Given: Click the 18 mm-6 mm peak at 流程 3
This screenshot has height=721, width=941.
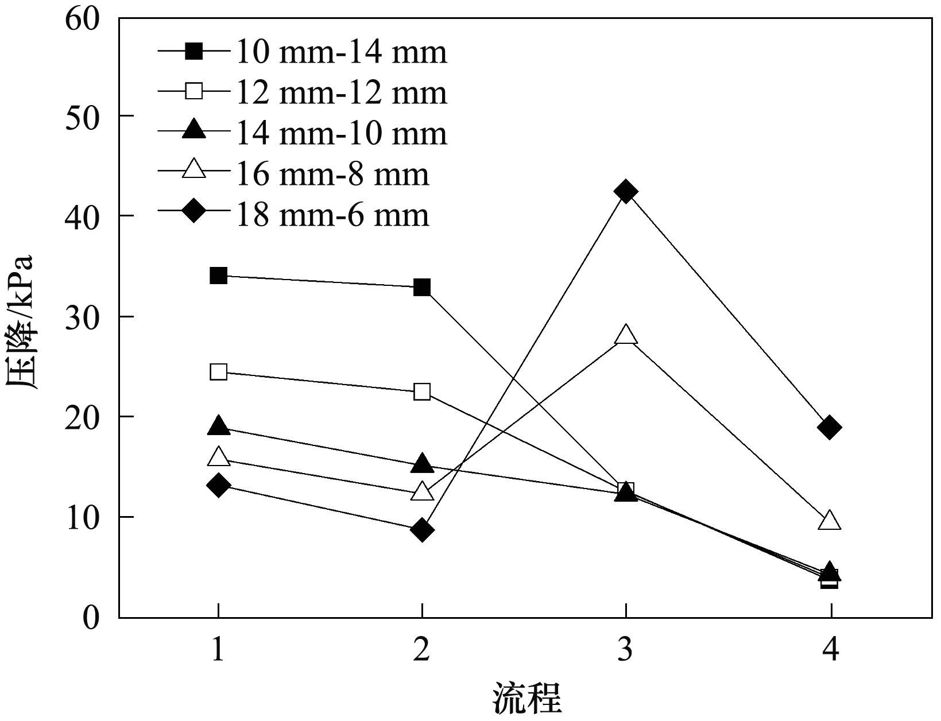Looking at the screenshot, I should point(626,191).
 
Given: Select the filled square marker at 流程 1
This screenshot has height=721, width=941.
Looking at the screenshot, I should point(218,276).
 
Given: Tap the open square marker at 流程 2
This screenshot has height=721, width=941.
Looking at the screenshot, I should point(422,392).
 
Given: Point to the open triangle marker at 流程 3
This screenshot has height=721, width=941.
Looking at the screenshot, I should point(626,335).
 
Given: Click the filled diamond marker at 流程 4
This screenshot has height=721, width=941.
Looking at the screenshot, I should point(830,428).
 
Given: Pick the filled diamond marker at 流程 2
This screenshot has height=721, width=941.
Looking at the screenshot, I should point(422,529).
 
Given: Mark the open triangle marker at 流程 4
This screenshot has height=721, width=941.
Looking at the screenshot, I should point(830,521).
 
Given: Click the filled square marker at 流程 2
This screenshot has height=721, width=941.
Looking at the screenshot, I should point(422,288).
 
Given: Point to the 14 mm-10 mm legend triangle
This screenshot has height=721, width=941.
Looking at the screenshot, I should point(195,130).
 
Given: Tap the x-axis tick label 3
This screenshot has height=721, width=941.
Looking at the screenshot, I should point(626,650).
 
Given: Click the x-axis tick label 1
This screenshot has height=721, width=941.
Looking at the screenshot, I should point(218,650).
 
